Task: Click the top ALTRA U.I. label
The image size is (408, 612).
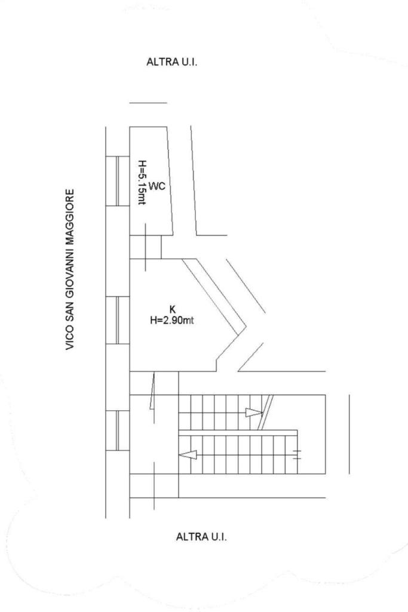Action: coord(171,62)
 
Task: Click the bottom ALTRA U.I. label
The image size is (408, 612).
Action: coord(201,537)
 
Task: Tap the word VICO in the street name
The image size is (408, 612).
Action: coord(70,339)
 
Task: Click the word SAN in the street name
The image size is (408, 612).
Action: coord(70,310)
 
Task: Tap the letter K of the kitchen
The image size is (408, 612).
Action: coord(173,309)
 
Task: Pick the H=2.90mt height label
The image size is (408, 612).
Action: coord(172,320)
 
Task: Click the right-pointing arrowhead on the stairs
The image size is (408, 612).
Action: coord(254,413)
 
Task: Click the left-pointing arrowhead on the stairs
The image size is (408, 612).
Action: coord(188,455)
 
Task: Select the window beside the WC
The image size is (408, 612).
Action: coord(122,181)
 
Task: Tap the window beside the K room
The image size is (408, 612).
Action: coord(122,321)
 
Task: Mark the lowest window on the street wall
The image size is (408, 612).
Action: coord(122,430)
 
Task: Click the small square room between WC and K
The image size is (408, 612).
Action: coord(145,247)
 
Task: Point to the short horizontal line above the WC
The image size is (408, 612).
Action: coord(148,103)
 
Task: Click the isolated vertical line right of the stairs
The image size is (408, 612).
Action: coord(349,433)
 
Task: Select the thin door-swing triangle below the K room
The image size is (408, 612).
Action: coord(152,391)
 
